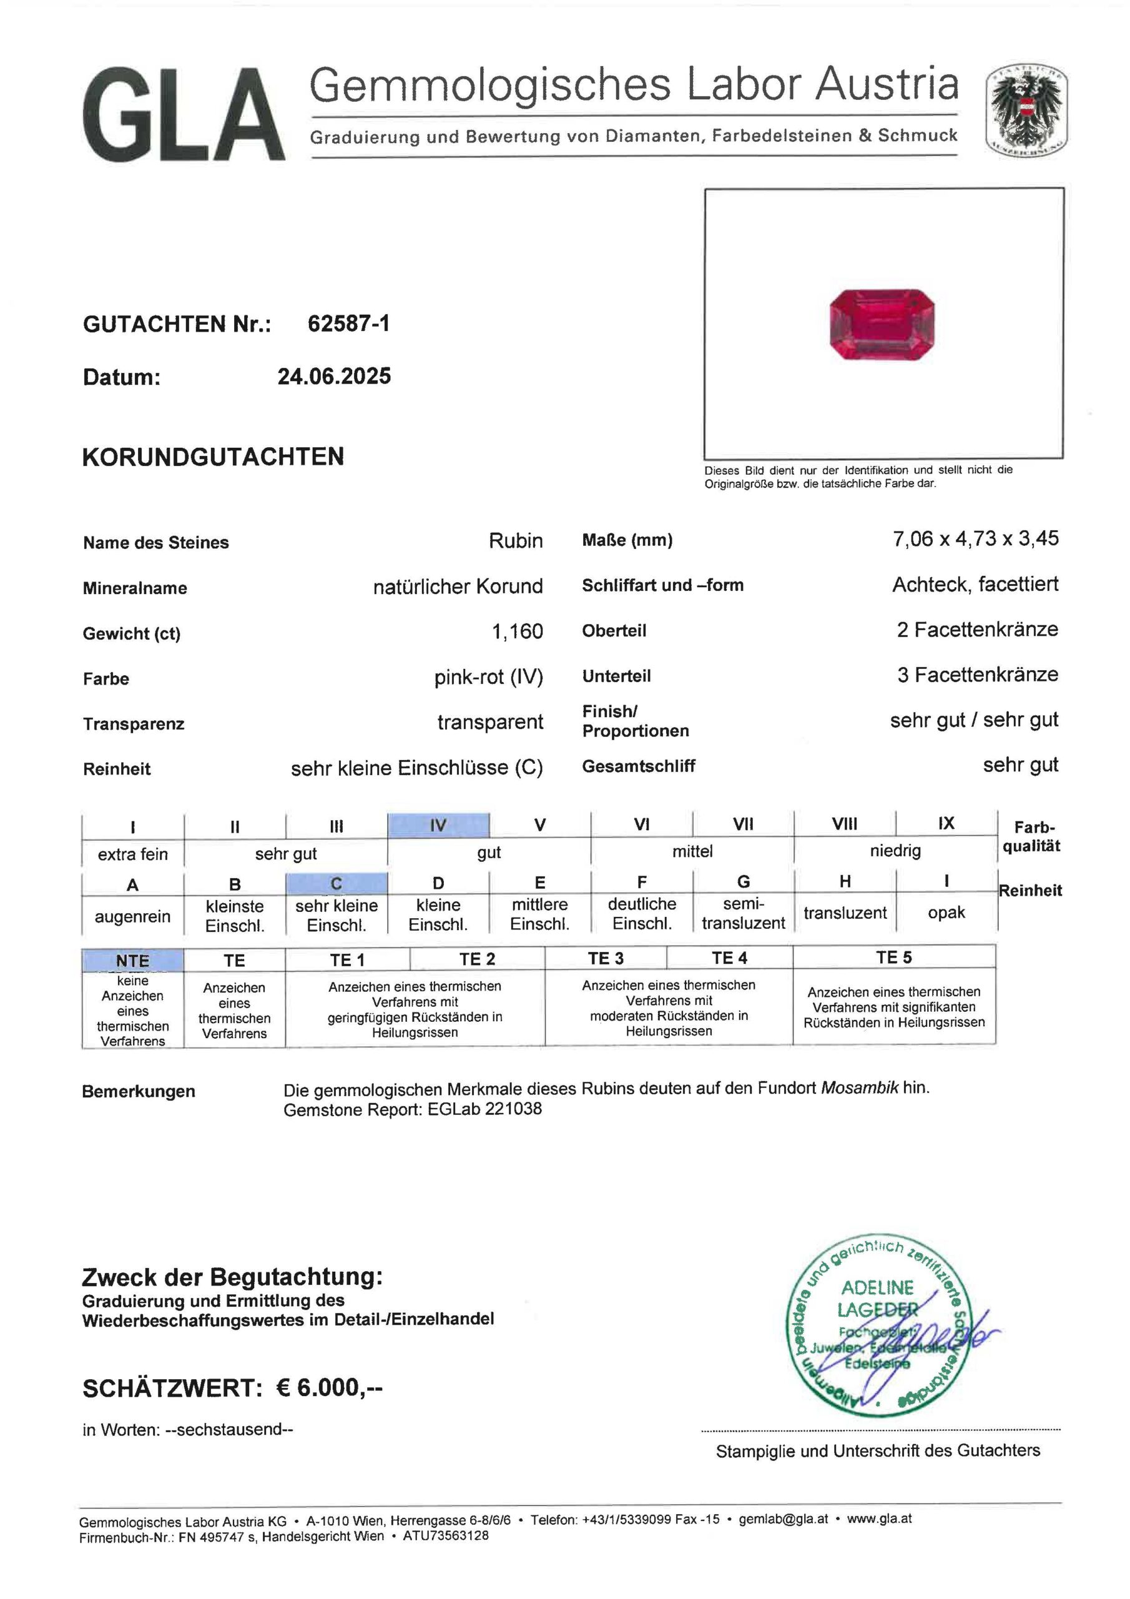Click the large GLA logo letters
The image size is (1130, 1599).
click(183, 115)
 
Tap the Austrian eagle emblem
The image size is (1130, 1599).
click(1026, 111)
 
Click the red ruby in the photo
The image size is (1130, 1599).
click(882, 325)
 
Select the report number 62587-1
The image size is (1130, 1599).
click(348, 323)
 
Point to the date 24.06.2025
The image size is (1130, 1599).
click(334, 376)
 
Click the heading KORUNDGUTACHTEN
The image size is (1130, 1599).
click(213, 457)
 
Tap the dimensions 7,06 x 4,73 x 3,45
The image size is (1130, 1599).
click(975, 538)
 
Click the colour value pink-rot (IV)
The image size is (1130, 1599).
click(488, 677)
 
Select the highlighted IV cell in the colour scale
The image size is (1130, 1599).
click(438, 825)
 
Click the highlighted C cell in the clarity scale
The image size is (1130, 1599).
click(337, 883)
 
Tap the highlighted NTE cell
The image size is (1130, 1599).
click(132, 961)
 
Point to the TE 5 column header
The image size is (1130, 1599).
click(893, 958)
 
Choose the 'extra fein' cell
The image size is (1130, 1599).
click(132, 854)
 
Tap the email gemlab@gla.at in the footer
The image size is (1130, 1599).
click(784, 1519)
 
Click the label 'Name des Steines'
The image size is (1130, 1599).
click(156, 543)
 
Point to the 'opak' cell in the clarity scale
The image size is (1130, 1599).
click(946, 913)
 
